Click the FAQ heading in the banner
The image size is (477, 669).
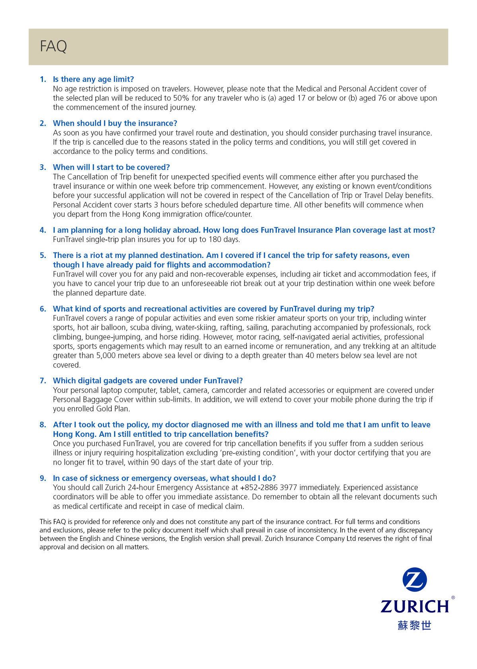tap(53, 47)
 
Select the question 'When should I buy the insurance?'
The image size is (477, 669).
tap(115, 123)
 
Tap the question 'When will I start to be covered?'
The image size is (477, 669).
tap(111, 167)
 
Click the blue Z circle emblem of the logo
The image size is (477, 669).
tap(414, 581)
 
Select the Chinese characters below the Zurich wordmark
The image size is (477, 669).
tap(414, 625)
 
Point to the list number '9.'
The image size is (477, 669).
tap(43, 478)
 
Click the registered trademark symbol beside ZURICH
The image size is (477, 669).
tap(453, 597)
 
